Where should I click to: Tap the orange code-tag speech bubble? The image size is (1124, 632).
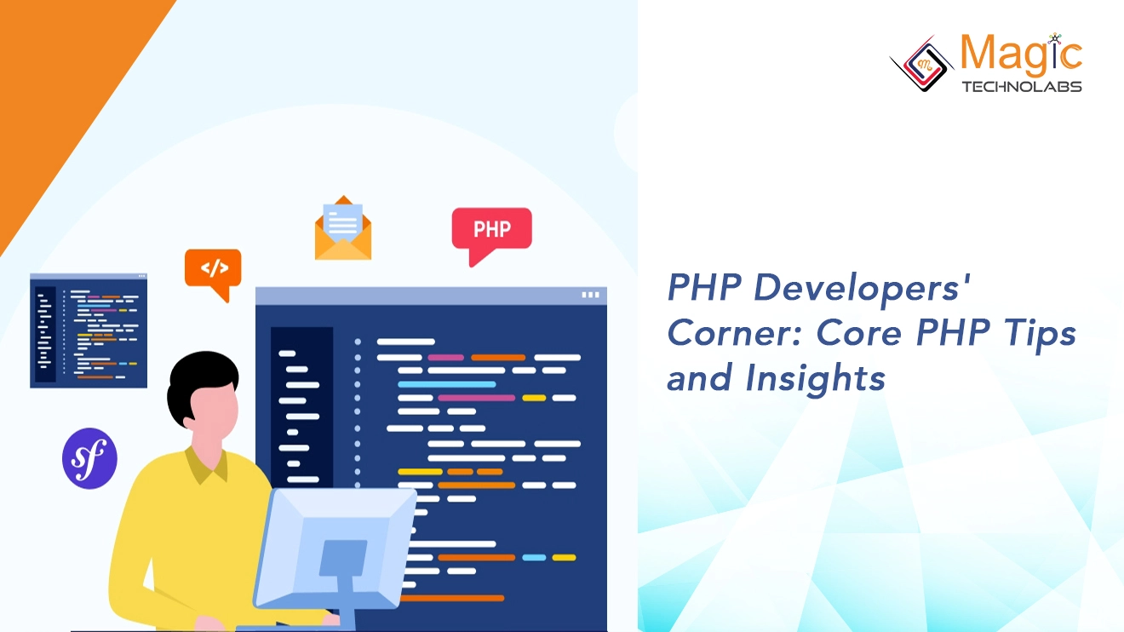[x=213, y=269]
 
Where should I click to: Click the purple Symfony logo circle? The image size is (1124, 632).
[x=89, y=458]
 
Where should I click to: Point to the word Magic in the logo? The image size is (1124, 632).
[x=1021, y=55]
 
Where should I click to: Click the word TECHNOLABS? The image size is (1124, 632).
[x=1021, y=87]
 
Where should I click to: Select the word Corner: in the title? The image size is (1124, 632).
[x=735, y=333]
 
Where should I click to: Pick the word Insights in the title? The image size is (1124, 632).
[x=816, y=378]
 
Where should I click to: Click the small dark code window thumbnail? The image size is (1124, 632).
[x=89, y=330]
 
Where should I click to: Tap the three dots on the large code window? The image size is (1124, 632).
[x=590, y=295]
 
